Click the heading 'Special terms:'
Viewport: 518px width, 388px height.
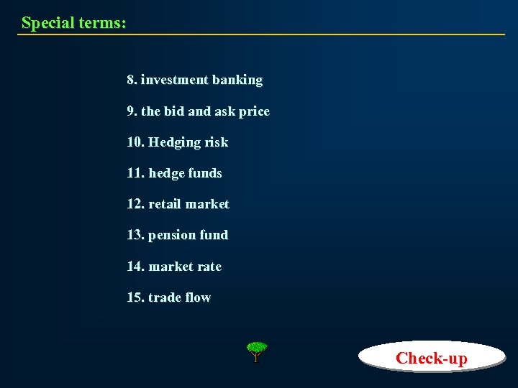coord(73,22)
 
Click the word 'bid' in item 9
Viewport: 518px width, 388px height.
coord(174,111)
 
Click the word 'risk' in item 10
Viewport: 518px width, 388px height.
coord(216,142)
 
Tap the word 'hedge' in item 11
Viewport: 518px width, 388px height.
coord(165,173)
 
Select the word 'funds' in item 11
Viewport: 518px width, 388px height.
coord(205,173)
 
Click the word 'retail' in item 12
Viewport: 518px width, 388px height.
coord(165,204)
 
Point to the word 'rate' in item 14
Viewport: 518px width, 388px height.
coord(209,267)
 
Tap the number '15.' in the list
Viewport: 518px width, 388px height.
coord(135,297)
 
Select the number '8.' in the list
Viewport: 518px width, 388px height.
coord(132,80)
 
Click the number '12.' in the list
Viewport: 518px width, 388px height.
coord(135,204)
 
